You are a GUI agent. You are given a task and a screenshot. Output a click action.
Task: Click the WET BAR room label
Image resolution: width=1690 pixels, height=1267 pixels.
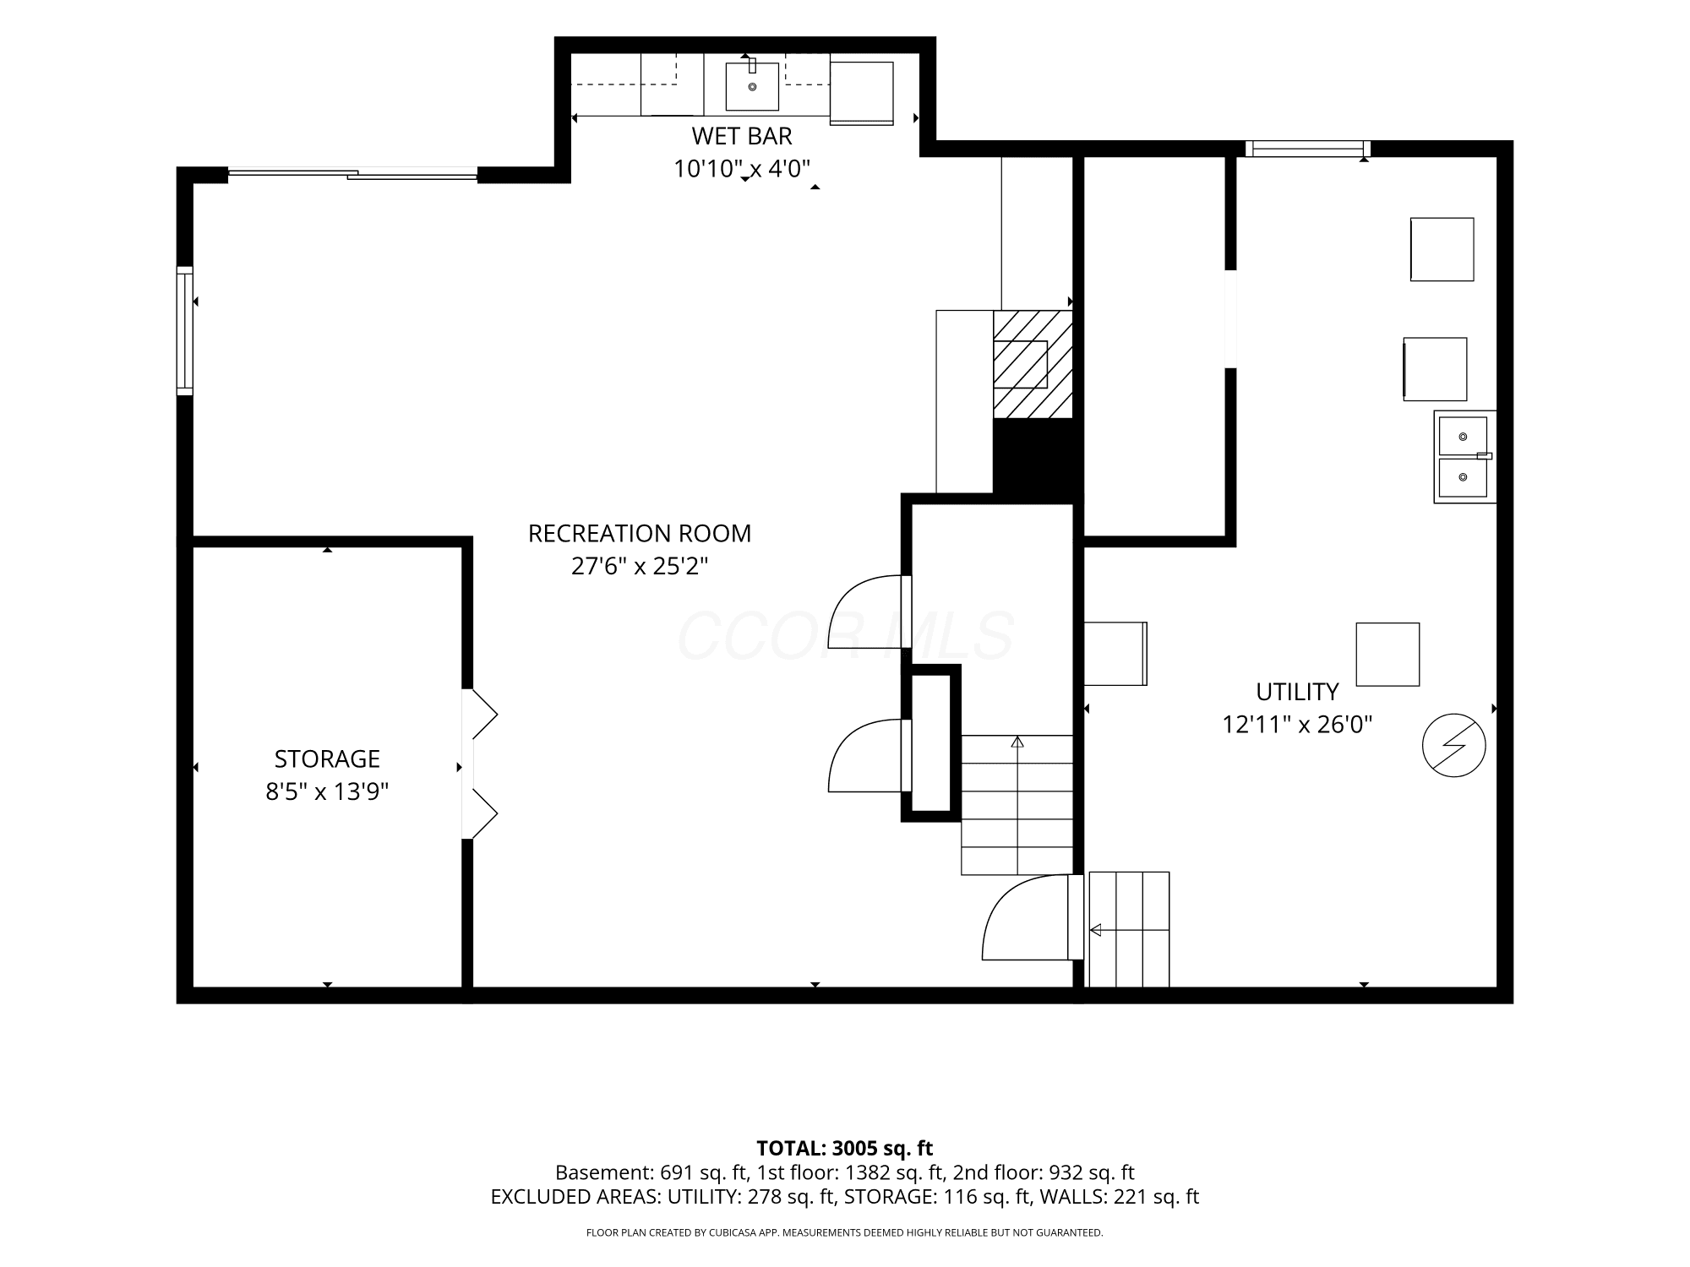tap(742, 136)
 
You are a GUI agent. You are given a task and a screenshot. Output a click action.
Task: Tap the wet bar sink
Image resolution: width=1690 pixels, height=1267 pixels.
tap(752, 86)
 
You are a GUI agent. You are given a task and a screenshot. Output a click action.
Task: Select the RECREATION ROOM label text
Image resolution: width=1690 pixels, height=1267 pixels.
tap(640, 534)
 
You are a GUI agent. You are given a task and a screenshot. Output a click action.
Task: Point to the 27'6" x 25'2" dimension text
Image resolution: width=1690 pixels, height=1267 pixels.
tap(640, 566)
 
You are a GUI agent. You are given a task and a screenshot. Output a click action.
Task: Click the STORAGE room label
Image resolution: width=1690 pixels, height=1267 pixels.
tap(327, 759)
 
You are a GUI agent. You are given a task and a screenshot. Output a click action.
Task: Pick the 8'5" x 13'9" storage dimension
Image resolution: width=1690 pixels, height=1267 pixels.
tap(327, 791)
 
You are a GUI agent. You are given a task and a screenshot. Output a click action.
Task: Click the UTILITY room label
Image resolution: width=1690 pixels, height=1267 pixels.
tap(1297, 692)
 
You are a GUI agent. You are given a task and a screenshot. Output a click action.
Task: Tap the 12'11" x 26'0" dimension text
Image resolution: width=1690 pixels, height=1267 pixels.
tap(1297, 725)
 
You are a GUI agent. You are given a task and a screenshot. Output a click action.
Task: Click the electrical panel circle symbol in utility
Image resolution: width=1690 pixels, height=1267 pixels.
tap(1454, 746)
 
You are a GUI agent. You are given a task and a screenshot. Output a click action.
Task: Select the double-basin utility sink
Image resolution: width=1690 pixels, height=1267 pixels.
tap(1464, 457)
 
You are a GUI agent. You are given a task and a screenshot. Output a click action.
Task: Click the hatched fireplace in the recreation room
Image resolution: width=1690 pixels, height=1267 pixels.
tap(1033, 364)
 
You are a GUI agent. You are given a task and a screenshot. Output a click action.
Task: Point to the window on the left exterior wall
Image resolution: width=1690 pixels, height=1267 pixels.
tap(185, 330)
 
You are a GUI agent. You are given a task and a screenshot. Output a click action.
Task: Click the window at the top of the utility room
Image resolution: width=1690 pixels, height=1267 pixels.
tap(1308, 150)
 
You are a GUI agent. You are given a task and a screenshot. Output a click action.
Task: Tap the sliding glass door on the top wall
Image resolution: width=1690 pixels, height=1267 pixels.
tap(352, 174)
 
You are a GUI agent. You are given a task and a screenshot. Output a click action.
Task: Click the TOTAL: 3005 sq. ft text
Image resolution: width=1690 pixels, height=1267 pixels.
tap(844, 1149)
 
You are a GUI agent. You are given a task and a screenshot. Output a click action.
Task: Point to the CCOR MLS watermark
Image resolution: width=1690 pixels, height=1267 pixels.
tap(845, 636)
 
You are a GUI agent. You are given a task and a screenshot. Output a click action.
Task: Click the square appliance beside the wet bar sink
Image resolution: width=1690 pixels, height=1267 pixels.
tap(862, 93)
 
